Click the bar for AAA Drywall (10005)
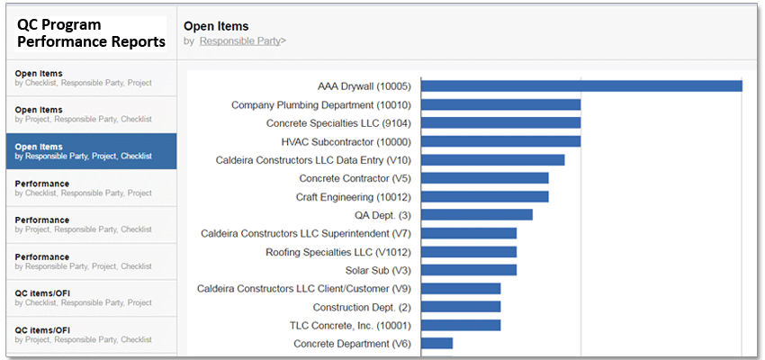[581, 86]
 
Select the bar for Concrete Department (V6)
[436, 343]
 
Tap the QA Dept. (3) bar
[477, 214]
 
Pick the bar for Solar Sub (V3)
[469, 270]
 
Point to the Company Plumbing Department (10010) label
[320, 104]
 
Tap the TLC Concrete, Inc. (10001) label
[349, 325]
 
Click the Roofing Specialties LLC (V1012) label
[337, 252]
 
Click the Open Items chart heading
[216, 26]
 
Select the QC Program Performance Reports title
[91, 33]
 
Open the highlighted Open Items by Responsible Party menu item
[91, 151]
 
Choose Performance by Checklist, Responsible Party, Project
[91, 188]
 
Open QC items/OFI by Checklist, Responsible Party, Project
[91, 298]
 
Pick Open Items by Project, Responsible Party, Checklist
[91, 114]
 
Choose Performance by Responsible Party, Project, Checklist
[91, 261]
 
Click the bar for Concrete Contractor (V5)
[485, 178]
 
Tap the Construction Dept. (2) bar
[461, 307]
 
